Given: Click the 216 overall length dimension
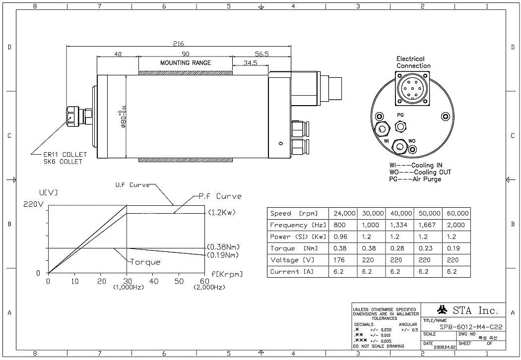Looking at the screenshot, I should pos(179,44).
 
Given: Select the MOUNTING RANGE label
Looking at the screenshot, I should pos(185,63).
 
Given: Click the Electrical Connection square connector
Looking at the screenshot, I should pos(413,88).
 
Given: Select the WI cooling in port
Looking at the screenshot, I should pos(382,129).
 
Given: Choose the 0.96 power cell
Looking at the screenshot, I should pos(343,237).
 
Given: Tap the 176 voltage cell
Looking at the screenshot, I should pos(343,260).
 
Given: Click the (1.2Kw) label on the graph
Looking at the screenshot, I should pos(221,213).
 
